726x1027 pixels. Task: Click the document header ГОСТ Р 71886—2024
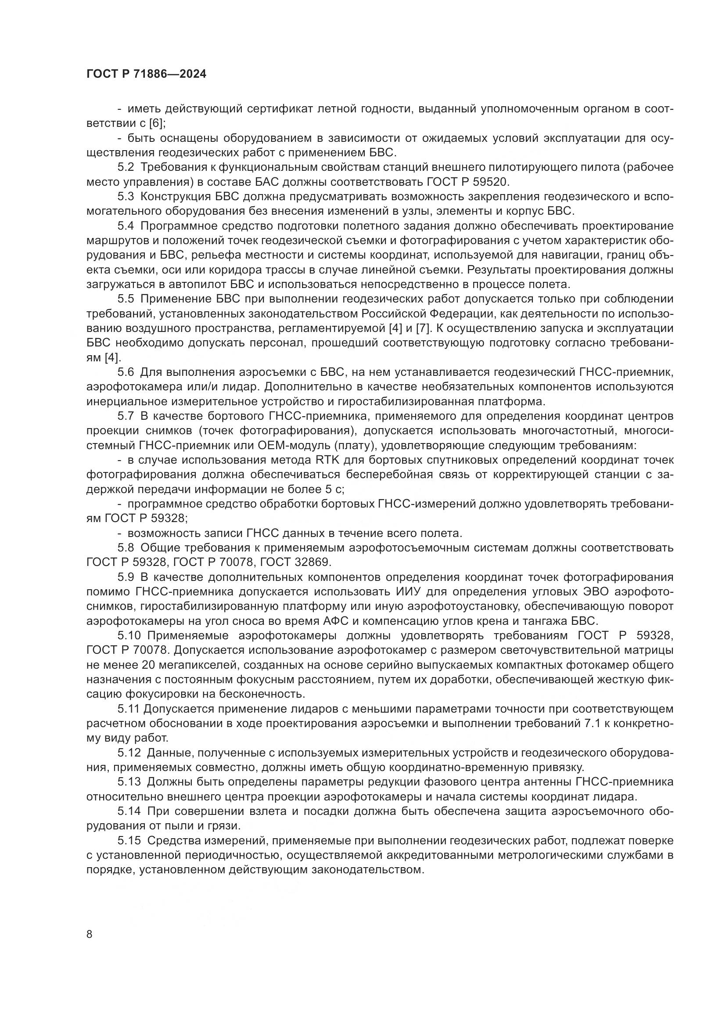point(146,74)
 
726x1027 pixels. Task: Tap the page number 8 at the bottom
point(90,934)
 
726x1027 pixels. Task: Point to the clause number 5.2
point(126,167)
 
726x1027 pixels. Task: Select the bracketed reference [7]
point(422,328)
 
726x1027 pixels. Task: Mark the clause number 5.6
point(126,372)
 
